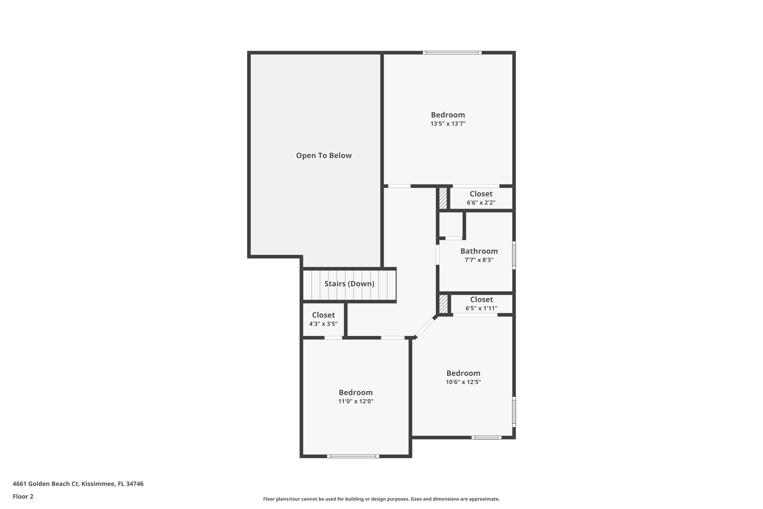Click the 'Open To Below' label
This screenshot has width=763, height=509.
pos(324,155)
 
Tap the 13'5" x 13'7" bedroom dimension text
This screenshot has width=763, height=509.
pos(448,124)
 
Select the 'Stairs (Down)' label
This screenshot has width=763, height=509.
pos(349,284)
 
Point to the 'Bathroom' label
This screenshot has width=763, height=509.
pos(479,251)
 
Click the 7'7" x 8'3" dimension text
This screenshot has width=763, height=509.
pos(479,260)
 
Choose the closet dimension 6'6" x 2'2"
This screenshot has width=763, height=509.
pos(481,203)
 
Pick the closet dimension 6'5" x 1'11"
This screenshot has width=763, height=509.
pos(481,308)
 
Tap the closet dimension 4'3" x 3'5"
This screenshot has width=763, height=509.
pos(323,324)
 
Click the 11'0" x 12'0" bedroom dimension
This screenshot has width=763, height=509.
pos(355,402)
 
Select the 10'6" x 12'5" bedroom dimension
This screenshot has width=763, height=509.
pos(463,382)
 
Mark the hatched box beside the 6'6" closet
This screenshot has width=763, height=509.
pos(443,198)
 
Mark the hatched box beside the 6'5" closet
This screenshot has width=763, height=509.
pos(443,304)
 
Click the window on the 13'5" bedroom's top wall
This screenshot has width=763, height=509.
pos(452,53)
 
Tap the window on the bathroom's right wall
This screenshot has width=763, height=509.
pos(514,255)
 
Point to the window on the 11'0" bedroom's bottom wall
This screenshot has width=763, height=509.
pos(353,456)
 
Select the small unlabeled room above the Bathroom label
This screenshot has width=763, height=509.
pos(451,224)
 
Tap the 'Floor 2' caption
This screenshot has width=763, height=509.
pos(23,496)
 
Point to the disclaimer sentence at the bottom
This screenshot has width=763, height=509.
pos(381,499)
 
